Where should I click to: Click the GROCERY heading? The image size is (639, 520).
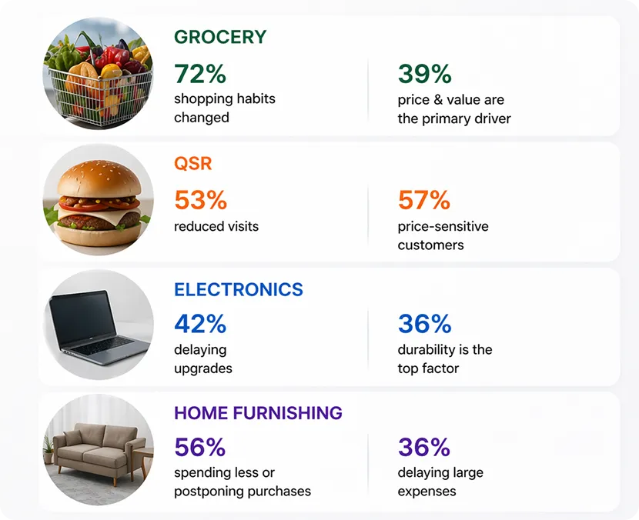tap(220, 37)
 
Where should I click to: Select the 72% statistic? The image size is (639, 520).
tap(200, 74)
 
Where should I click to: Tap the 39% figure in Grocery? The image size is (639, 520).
tap(425, 74)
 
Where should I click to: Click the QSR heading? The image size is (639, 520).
tap(193, 164)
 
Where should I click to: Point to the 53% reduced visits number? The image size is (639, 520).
tap(200, 200)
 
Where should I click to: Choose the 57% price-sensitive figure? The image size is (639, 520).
tap(424, 200)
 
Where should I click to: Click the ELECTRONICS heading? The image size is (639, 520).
tap(239, 289)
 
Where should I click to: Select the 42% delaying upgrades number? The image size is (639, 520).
tap(200, 324)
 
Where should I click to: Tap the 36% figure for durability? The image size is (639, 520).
tap(425, 324)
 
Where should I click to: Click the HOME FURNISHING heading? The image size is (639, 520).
tap(259, 413)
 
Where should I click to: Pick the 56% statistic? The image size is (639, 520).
tap(200, 447)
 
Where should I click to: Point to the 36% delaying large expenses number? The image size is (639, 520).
tap(424, 447)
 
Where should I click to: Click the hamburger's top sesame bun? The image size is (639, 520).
tap(99, 178)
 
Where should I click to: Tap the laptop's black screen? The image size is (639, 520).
tap(82, 317)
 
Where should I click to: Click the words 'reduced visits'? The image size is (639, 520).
tap(216, 226)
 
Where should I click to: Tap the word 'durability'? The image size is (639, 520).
tap(427, 350)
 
